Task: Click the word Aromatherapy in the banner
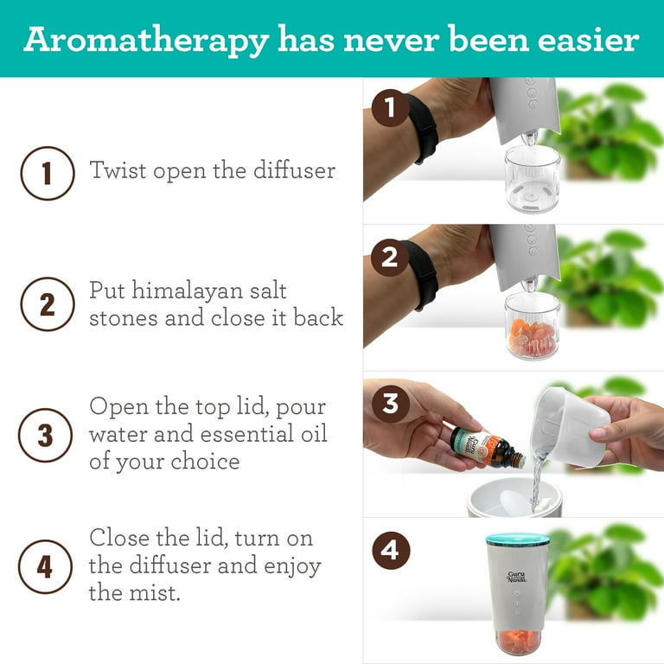(x=146, y=41)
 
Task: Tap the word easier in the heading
(x=589, y=39)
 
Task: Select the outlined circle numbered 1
(x=48, y=173)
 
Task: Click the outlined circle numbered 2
(x=48, y=304)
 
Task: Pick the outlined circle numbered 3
(x=45, y=436)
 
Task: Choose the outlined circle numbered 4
(x=45, y=566)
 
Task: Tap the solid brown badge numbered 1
(x=391, y=108)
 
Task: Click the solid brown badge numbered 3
(x=391, y=404)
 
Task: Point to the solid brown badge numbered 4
(x=391, y=551)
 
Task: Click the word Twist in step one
(x=117, y=170)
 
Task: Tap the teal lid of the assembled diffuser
(x=518, y=539)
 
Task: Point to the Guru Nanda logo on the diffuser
(x=517, y=577)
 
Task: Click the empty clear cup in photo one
(x=533, y=178)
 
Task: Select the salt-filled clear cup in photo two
(x=533, y=325)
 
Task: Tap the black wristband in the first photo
(x=421, y=128)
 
